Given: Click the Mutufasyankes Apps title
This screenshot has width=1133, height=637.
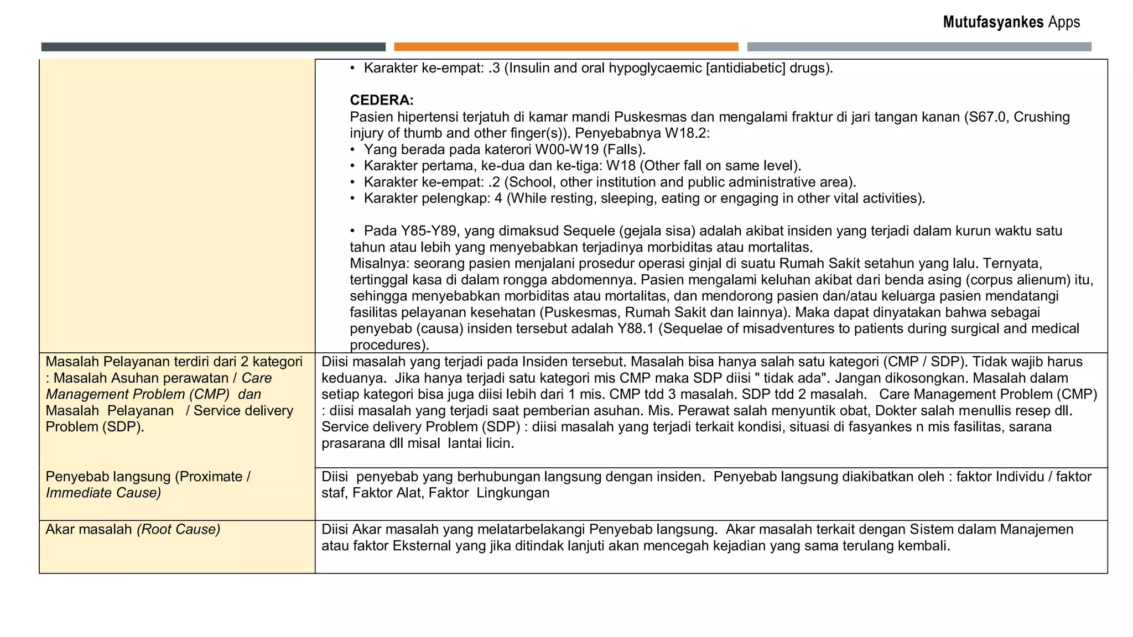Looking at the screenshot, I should click(x=1011, y=22).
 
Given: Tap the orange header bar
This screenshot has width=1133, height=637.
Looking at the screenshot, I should click(x=566, y=47).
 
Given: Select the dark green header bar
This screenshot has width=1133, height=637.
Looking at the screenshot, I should click(x=213, y=47).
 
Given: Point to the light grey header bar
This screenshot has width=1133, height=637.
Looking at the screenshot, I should click(x=919, y=47).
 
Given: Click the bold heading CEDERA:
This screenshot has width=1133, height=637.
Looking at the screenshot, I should click(x=382, y=100).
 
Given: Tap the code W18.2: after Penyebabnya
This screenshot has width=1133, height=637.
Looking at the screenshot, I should click(x=688, y=133).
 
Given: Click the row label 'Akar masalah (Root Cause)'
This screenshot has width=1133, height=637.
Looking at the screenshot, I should click(x=133, y=530).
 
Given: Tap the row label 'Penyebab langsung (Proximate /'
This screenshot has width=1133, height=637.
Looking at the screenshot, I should click(x=148, y=477).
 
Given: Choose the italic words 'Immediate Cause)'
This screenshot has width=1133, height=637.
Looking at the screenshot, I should click(x=103, y=493).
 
